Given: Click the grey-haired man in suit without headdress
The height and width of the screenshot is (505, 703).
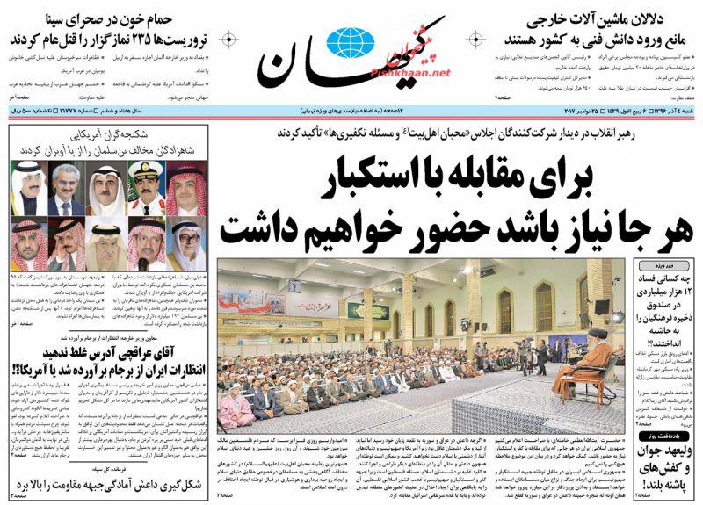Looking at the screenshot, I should point(66,187).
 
